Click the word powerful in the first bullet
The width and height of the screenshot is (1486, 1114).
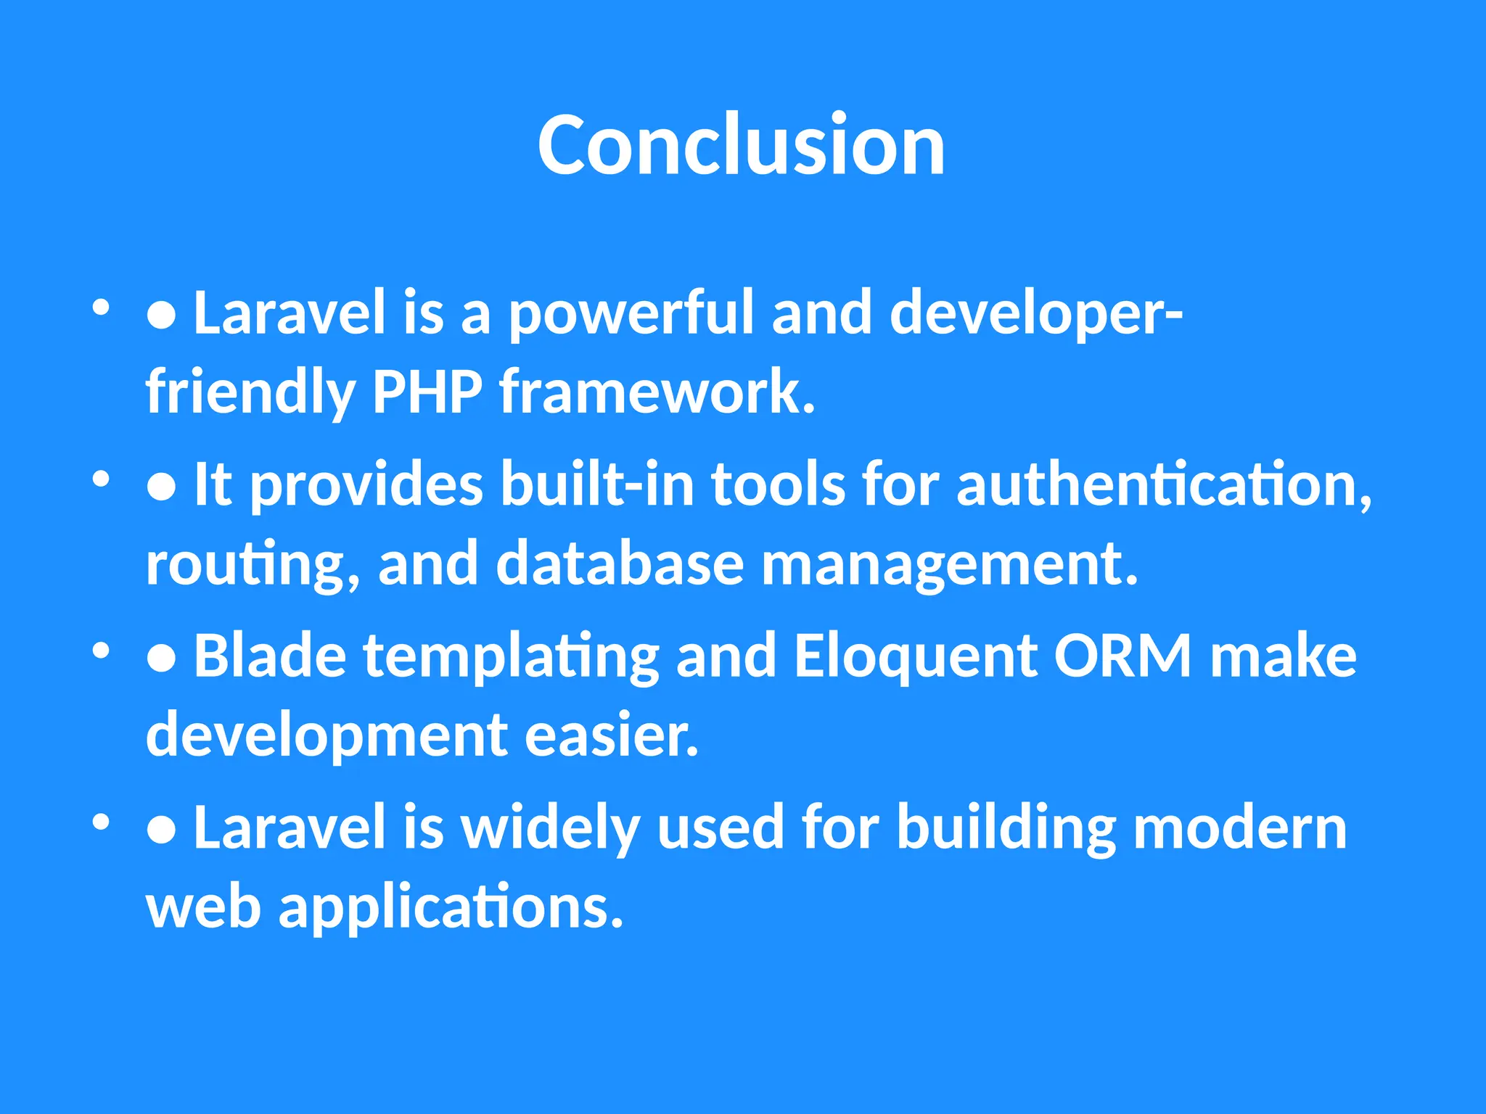coord(631,313)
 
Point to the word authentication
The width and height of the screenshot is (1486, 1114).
coord(1163,484)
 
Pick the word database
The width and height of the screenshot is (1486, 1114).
coord(620,564)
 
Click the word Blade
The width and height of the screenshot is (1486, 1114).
coord(270,656)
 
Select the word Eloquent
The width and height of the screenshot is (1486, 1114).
coord(916,656)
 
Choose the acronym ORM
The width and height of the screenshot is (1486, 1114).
coord(1122,656)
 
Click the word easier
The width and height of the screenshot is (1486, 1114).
coord(611,735)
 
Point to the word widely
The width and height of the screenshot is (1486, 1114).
coord(550,828)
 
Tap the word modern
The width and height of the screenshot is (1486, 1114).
coord(1239,828)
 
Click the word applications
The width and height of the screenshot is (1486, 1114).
coord(451,908)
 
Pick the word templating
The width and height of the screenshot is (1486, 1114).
coord(511,656)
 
